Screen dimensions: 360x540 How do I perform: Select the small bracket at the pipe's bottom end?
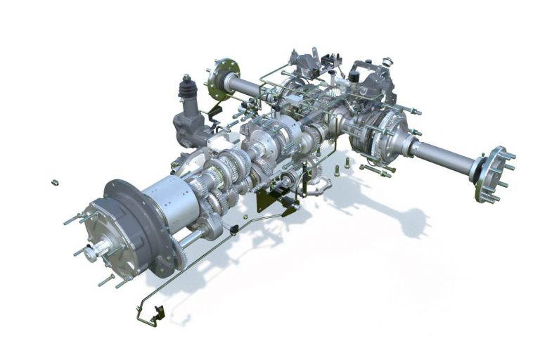click(x=159, y=314)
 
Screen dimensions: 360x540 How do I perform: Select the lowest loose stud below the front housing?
click(x=105, y=281)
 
